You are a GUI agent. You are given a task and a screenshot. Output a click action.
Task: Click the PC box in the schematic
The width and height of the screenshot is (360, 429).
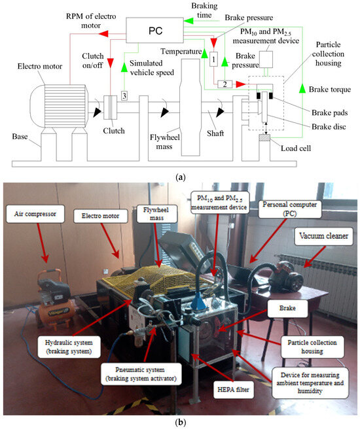(154, 30)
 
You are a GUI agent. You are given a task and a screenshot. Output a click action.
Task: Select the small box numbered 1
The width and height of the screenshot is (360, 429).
(213, 59)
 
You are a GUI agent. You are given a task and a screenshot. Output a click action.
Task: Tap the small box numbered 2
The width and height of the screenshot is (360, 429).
(225, 84)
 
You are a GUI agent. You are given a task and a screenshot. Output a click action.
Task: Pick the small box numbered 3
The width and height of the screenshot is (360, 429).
(124, 95)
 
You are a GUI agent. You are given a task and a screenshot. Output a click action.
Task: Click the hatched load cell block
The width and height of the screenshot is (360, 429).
(264, 137)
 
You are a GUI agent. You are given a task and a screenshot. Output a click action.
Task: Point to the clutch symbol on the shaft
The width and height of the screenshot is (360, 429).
(111, 107)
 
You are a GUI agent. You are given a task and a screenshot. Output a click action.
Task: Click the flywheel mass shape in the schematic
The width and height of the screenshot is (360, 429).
(191, 107)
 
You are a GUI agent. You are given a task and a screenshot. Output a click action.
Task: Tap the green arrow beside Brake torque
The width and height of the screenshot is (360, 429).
(302, 89)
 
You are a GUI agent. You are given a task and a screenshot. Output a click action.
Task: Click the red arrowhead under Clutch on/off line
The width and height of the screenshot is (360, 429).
(111, 63)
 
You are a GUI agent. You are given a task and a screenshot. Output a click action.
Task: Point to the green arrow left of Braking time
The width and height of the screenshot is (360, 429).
(189, 21)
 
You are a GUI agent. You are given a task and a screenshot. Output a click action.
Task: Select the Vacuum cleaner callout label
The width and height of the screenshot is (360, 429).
(323, 236)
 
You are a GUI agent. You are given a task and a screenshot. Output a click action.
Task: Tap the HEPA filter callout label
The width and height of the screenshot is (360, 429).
(233, 390)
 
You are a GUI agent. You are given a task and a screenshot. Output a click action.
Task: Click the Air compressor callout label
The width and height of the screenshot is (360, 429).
(35, 214)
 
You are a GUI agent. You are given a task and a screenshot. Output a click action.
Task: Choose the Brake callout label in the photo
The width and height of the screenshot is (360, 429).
(287, 309)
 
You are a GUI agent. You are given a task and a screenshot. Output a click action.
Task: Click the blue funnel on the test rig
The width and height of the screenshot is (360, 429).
(200, 301)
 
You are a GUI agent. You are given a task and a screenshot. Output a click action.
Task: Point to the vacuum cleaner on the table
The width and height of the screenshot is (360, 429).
(286, 277)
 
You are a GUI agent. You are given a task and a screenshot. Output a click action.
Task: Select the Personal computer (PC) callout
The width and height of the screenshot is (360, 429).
(290, 209)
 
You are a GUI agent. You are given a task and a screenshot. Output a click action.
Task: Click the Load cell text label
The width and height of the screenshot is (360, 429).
(296, 148)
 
